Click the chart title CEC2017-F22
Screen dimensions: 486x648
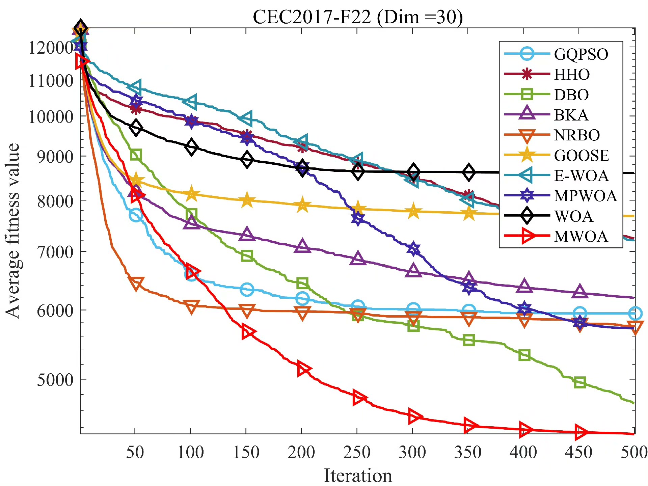point(358,17)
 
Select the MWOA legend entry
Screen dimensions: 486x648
point(580,236)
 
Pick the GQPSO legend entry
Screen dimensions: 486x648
point(581,54)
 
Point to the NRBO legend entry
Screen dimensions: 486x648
point(577,135)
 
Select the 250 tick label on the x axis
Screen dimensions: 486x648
point(357,452)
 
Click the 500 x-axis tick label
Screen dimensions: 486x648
point(634,452)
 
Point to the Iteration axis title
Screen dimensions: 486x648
point(358,476)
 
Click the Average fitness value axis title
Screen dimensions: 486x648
point(13,231)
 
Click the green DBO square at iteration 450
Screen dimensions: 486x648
point(579,382)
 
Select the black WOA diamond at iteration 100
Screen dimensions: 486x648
point(191,147)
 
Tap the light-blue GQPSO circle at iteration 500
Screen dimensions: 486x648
point(635,314)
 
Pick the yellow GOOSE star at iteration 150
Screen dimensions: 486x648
point(247,200)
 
